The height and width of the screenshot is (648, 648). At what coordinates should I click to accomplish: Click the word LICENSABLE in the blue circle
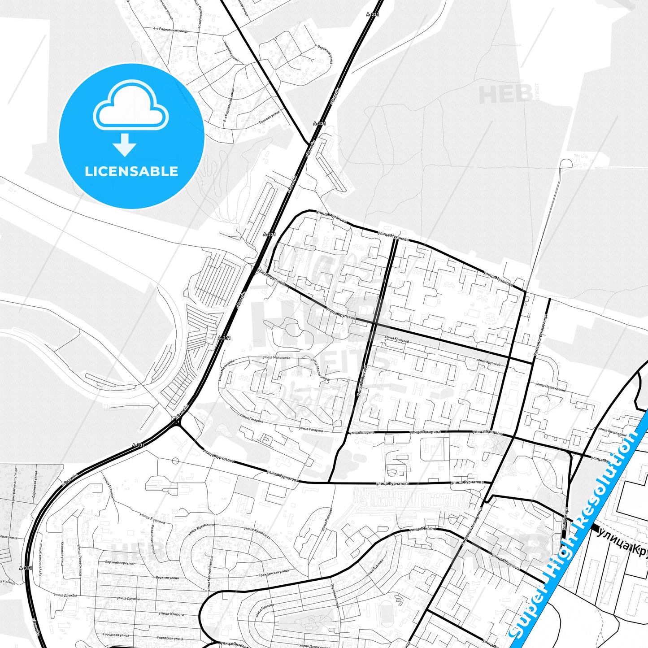pyautogui.click(x=131, y=171)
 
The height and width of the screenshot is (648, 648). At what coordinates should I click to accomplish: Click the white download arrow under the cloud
pyautogui.click(x=125, y=145)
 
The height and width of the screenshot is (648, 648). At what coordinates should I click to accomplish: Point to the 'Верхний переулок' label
pyautogui.click(x=119, y=563)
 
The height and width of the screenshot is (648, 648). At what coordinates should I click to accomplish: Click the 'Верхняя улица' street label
pyautogui.click(x=167, y=578)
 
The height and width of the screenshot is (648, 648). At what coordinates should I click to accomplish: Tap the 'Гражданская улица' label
pyautogui.click(x=274, y=573)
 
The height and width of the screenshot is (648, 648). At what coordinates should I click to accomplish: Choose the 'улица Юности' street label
pyautogui.click(x=171, y=614)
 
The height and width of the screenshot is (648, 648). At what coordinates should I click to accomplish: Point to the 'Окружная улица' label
pyautogui.click(x=325, y=54)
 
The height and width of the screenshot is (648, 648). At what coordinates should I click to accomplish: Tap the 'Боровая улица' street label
pyautogui.click(x=269, y=117)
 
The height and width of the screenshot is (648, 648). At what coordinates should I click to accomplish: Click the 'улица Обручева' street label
pyautogui.click(x=505, y=562)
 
